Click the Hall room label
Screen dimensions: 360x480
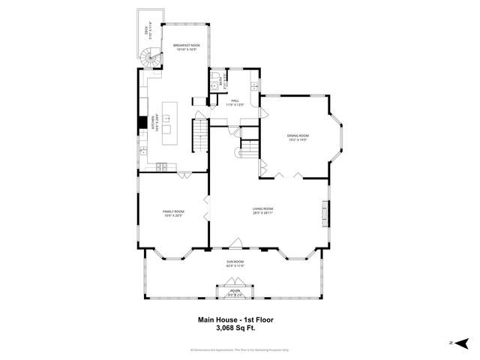235,103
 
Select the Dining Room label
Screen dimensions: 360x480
298,137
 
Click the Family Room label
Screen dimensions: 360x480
173,213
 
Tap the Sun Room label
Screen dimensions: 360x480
236,263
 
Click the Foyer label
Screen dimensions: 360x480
235,291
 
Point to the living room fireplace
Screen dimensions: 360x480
325,212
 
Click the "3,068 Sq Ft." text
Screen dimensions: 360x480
235,327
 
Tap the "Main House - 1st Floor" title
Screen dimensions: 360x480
235,319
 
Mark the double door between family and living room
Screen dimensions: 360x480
208,199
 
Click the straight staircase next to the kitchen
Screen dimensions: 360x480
200,136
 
